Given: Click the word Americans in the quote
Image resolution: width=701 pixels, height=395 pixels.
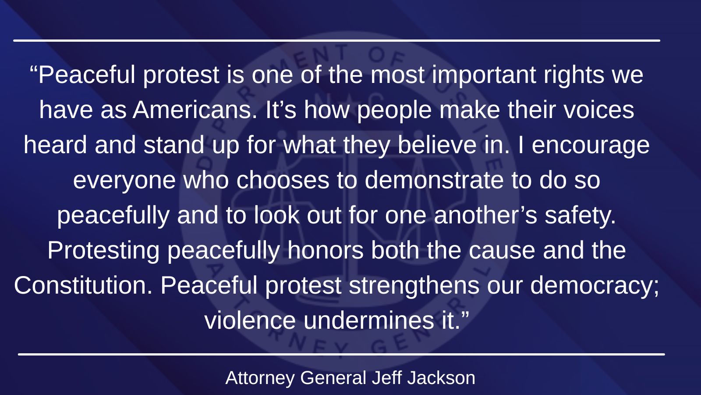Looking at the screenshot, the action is tap(195, 110).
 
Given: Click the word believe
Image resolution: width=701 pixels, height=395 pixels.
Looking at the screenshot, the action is tap(437, 145).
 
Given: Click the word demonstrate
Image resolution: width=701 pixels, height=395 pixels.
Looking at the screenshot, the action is tap(434, 180).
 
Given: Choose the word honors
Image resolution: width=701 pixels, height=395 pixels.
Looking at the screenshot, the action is tap(326, 250).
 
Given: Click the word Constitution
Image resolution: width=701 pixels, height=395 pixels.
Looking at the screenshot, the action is tap(83, 285).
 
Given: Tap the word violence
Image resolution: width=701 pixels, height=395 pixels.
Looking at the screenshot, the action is tap(250, 320).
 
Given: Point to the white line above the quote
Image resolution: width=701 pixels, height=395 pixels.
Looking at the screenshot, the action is tap(337, 40).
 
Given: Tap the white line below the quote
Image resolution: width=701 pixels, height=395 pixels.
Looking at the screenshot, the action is tap(341, 355).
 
